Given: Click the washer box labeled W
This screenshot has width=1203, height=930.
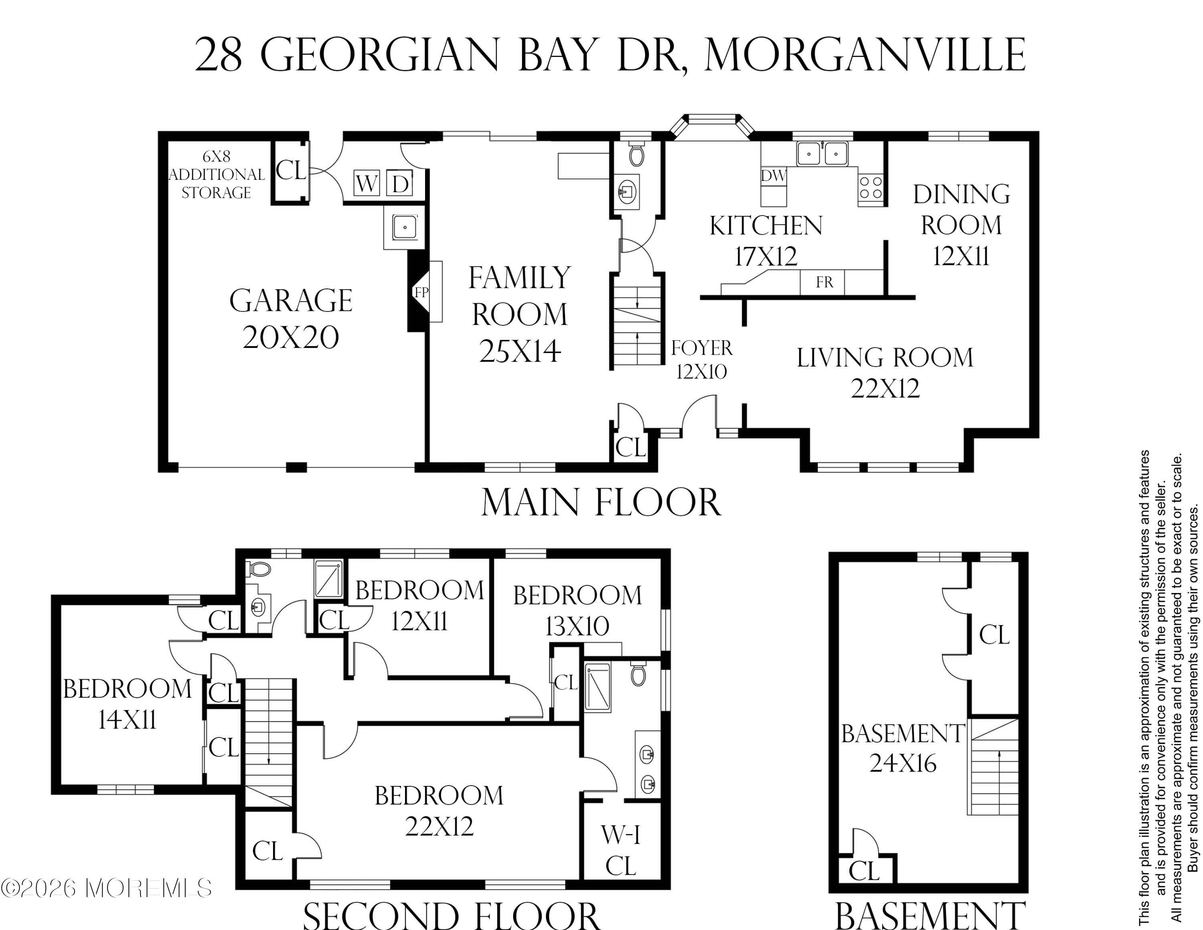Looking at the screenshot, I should tap(366, 183).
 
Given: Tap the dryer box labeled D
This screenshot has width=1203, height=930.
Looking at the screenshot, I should tap(399, 183).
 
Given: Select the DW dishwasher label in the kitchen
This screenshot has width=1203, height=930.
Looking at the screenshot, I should tap(774, 176).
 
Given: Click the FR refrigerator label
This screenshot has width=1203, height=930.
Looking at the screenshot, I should tap(824, 282).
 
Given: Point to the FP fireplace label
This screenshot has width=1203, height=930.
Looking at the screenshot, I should tap(421, 292).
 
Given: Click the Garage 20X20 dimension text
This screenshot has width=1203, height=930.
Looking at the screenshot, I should tap(291, 337).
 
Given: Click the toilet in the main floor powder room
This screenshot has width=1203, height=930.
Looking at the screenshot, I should tap(636, 155).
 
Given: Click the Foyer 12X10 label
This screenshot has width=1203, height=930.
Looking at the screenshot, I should tap(702, 360).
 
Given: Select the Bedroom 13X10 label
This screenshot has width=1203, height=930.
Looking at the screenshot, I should tap(577, 611).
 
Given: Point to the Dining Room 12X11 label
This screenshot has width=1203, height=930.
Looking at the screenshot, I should tap(961, 225).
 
